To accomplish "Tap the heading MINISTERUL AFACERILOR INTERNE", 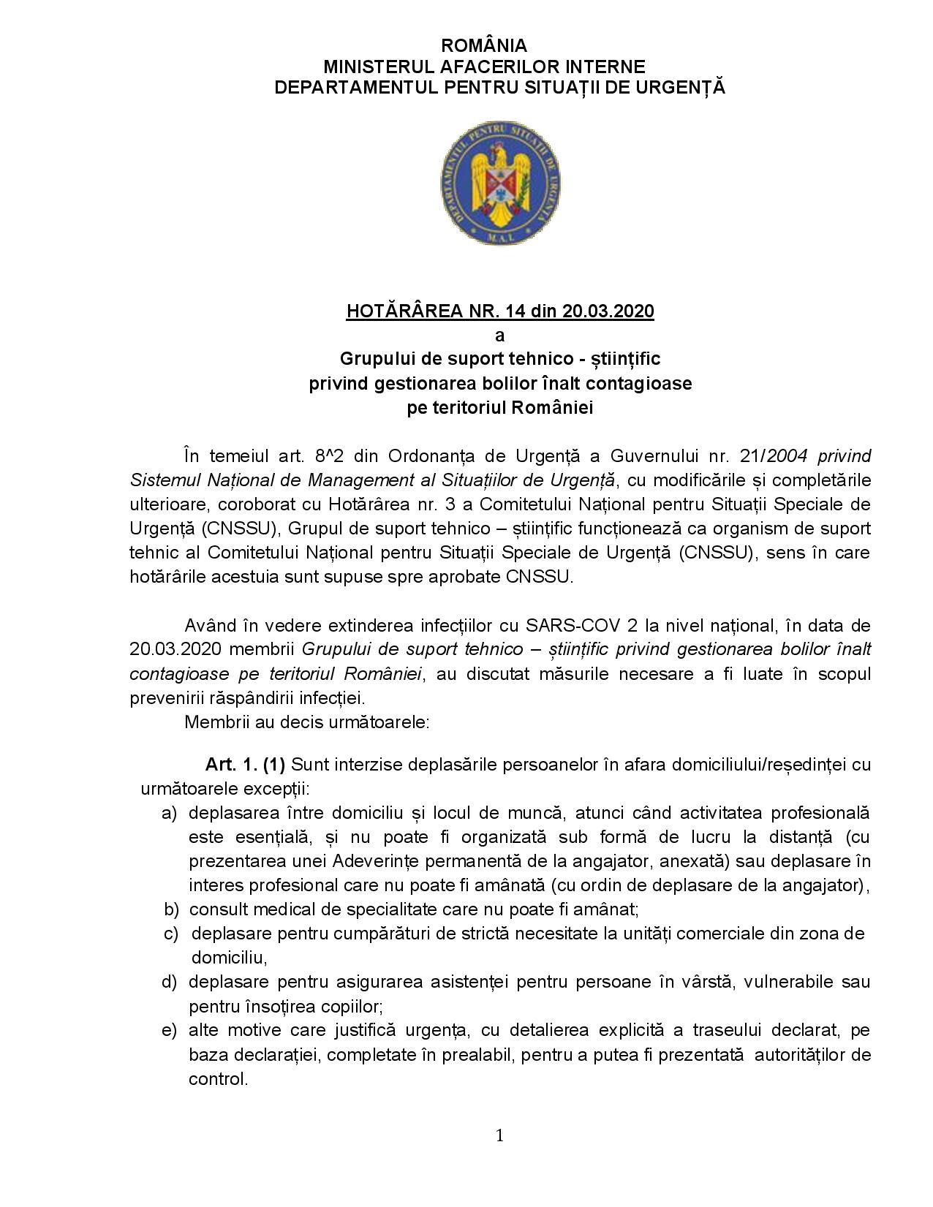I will tap(483, 67).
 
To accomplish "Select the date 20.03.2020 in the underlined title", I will tap(608, 311).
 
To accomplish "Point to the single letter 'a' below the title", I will tap(500, 336).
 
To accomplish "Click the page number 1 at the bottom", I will tap(500, 1135).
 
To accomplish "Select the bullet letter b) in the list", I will tap(171, 909).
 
